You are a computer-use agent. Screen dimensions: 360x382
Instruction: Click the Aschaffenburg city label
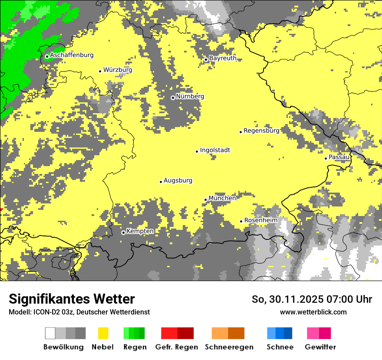coord(72,56)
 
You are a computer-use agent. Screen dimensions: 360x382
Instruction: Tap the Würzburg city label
coord(118,70)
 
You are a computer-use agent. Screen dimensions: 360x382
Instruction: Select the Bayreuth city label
coord(223,58)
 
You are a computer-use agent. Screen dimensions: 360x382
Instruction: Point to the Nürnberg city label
coord(190,96)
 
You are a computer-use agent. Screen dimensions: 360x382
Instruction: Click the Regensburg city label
coord(261,131)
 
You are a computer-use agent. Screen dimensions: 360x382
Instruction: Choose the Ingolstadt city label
coord(215,150)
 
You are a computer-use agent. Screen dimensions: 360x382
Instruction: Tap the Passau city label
coord(339,157)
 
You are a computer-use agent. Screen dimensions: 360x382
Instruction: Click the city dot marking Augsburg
coord(161,182)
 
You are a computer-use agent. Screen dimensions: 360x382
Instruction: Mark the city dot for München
coord(206,200)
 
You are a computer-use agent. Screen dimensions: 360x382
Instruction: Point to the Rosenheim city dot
coord(241,221)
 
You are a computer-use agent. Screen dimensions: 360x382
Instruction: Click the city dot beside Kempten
coord(123,232)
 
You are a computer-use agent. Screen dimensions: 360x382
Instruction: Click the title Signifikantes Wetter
coord(72,299)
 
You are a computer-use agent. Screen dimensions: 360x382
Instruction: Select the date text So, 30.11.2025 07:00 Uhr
coord(312,299)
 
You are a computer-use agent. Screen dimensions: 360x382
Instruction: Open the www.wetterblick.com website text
coord(313,312)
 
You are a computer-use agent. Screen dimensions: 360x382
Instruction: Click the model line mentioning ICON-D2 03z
coord(79,312)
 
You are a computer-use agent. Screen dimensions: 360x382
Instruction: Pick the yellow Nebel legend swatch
coord(103,333)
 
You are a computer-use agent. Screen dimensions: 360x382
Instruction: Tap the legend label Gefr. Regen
coord(177,347)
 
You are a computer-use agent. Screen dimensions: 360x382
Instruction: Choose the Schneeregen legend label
coord(229,347)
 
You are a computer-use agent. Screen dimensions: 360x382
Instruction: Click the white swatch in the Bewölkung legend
coord(50,333)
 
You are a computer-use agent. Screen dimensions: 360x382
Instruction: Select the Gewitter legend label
coord(320,347)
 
